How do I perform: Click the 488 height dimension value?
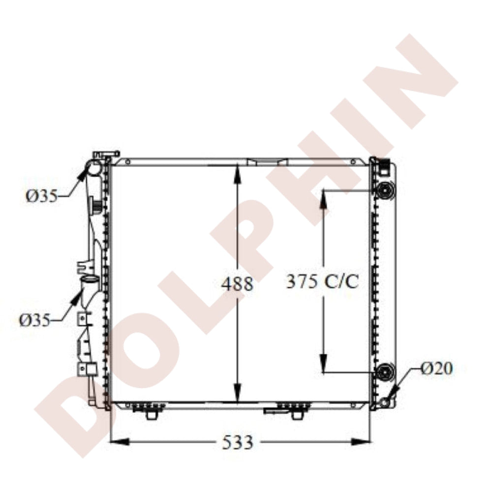[x=237, y=284]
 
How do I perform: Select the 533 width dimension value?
[x=237, y=442]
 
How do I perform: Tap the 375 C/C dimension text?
[x=323, y=281]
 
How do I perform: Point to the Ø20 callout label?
[x=437, y=369]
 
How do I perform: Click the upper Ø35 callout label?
[x=42, y=196]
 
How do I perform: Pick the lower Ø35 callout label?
[x=35, y=320]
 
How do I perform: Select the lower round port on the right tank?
[x=384, y=372]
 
